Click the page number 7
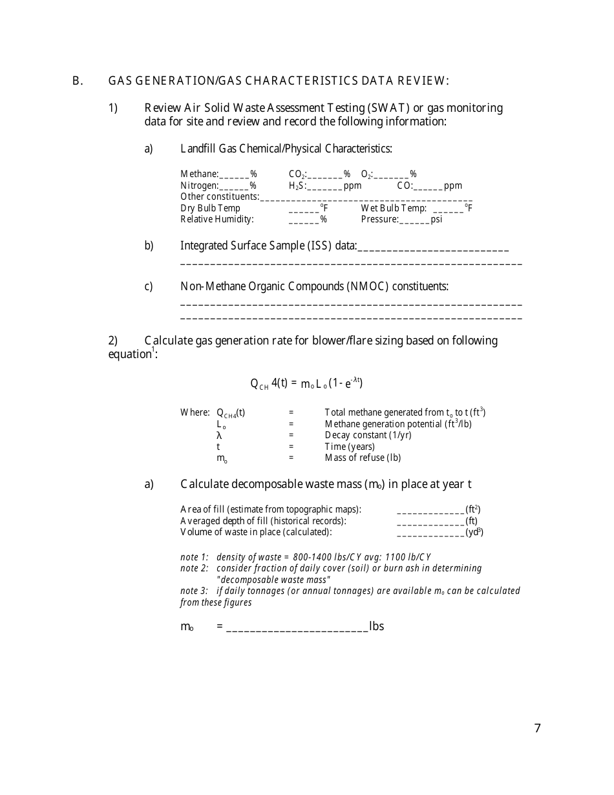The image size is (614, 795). tap(538, 728)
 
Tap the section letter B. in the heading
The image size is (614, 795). tap(78, 81)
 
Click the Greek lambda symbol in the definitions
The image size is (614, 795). tap(220, 436)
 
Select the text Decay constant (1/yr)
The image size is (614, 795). tap(368, 435)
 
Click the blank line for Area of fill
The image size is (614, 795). tap(430, 510)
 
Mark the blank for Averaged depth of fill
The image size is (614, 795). tap(430, 522)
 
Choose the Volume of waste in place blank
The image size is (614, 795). tap(430, 533)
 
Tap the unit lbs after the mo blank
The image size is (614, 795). tap(376, 626)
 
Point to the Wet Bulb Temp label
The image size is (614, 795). tap(393, 208)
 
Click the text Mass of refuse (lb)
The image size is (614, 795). tap(363, 458)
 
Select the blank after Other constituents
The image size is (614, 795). tap(366, 197)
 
